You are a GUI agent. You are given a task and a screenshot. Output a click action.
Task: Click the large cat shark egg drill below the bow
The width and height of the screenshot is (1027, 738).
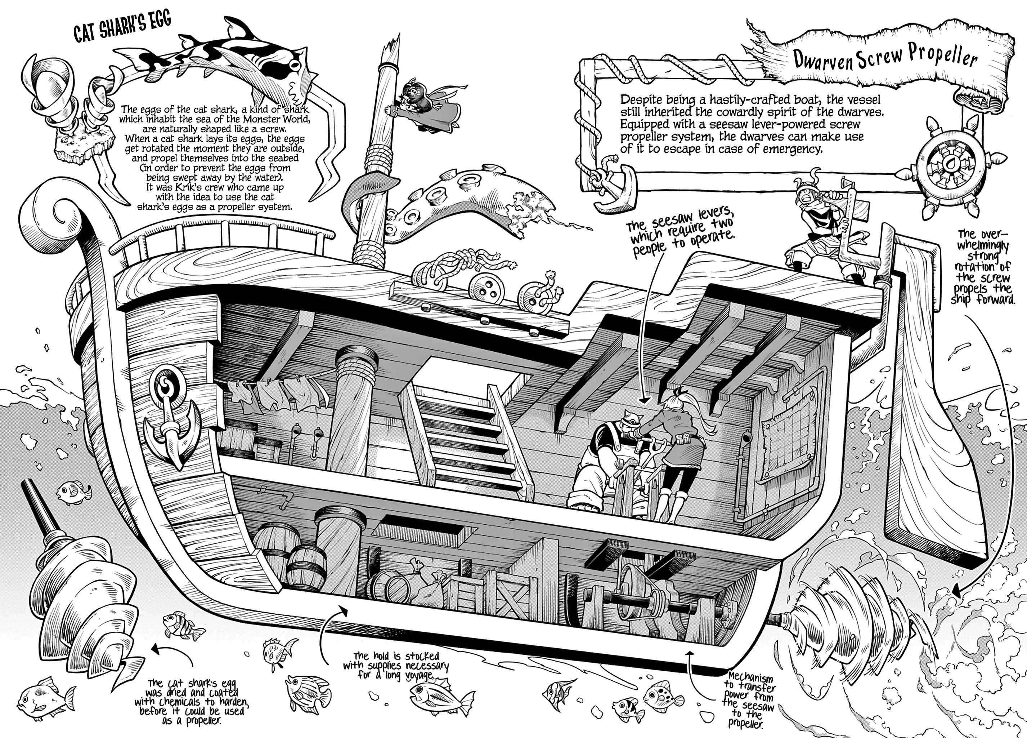(86, 603)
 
